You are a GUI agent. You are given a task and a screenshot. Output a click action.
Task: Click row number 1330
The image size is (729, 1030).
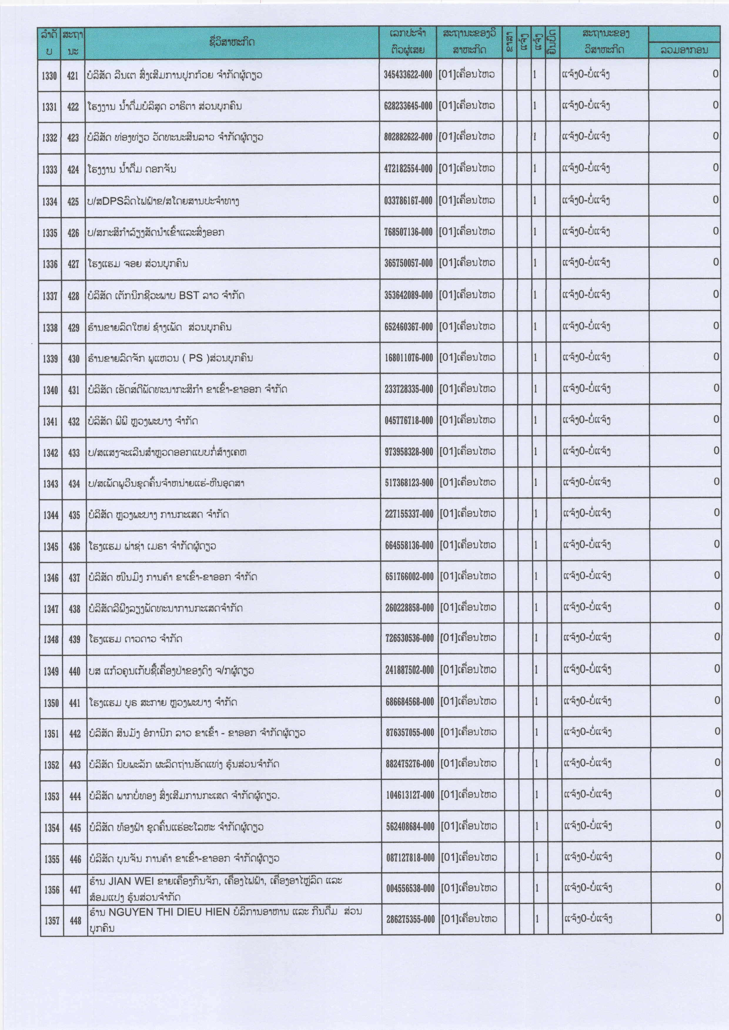coord(49,76)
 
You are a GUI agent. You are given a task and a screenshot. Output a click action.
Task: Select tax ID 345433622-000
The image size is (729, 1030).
coord(408,75)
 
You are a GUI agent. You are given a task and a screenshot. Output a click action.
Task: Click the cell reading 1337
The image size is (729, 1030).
coord(50,296)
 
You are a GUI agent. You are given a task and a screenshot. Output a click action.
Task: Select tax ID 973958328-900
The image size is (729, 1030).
coord(409,452)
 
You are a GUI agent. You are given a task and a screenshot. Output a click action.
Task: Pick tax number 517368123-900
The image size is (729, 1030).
coord(409,483)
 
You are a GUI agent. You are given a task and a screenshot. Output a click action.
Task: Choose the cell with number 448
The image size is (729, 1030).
coord(76,920)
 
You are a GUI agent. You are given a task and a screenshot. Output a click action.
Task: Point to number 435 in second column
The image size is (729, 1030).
coord(74,515)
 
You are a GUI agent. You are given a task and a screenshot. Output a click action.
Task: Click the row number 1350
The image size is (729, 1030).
coord(51,703)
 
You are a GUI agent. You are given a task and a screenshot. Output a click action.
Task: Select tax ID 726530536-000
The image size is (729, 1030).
coord(409,639)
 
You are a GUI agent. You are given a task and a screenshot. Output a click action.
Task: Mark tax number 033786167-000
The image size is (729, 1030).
coord(408,201)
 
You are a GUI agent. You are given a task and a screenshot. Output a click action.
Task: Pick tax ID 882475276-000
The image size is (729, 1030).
coord(410,764)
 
